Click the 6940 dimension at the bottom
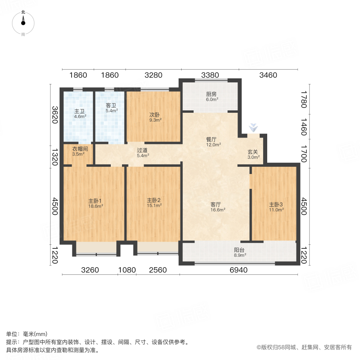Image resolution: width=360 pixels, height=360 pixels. pyautogui.click(x=238, y=270)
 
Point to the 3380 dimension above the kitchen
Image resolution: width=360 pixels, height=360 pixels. pyautogui.click(x=210, y=75)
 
